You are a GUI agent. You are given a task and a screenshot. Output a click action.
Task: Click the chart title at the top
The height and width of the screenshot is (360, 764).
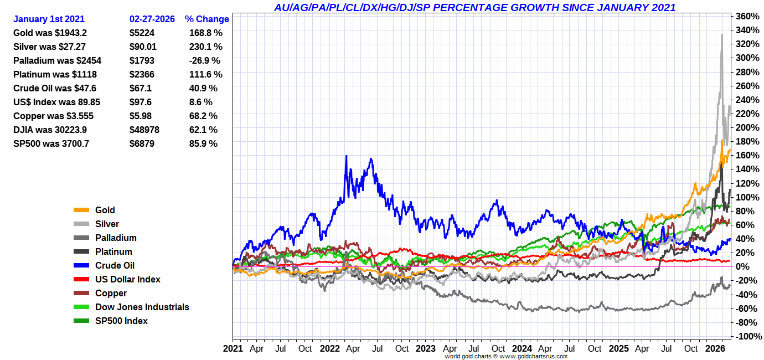474,7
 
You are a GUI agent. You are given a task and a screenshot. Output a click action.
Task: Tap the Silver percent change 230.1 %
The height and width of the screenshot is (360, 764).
205,47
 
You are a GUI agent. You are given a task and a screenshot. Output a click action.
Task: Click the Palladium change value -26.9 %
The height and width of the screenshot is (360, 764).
204,60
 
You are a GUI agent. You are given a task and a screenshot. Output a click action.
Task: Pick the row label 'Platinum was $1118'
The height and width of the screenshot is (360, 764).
56,74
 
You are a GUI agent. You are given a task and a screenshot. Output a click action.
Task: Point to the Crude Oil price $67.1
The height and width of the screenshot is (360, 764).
141,88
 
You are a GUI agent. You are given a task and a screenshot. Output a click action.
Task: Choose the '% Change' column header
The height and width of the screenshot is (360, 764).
207,19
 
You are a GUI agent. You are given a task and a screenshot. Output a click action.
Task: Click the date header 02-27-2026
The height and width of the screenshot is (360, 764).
152,19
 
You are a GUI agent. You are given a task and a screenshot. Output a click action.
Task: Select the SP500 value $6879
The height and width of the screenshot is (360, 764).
142,143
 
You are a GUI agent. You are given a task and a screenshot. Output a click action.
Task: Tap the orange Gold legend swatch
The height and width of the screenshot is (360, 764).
81,210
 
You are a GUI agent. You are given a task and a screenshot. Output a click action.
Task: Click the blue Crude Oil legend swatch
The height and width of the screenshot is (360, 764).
81,265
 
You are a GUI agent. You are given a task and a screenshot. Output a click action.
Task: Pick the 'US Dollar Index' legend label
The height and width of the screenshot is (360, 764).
128,279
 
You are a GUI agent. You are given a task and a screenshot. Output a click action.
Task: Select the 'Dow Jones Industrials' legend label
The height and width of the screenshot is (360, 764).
142,307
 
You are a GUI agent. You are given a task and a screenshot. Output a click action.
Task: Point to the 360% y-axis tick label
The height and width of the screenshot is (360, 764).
748,16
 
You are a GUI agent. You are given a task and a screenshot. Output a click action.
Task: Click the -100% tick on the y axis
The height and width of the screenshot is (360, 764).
747,336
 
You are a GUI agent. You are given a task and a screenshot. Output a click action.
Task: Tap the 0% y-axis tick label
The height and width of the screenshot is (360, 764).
750,266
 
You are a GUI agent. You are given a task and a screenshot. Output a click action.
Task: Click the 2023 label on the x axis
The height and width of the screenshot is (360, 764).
425,349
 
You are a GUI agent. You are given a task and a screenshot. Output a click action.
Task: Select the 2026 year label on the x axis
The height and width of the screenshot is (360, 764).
716,349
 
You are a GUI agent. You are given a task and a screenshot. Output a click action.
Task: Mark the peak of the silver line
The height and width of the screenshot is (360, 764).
721,34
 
